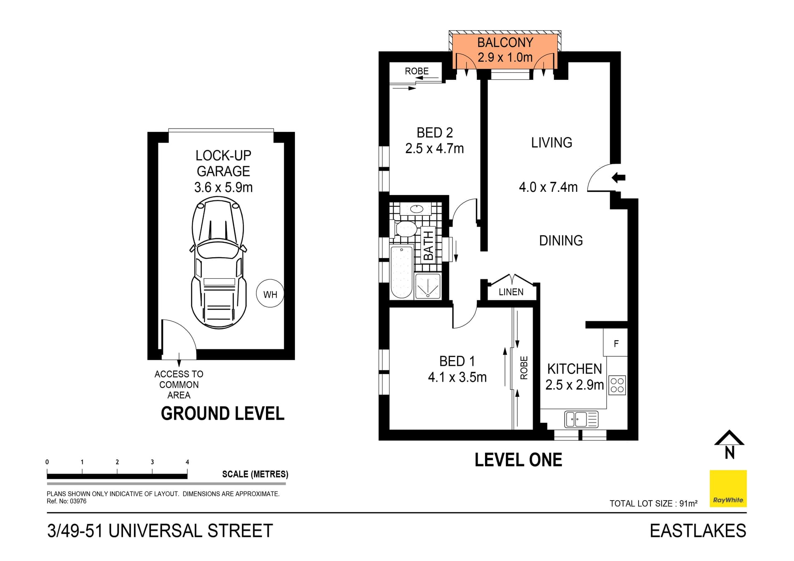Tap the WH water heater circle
(270, 294)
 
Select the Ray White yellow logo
(728, 489)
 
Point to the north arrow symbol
(729, 445)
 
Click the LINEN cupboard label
(511, 292)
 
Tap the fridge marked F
(616, 343)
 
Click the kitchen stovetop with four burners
(617, 385)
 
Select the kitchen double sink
(576, 419)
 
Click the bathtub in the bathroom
(401, 272)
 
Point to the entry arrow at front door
(619, 178)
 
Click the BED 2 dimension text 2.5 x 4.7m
(434, 148)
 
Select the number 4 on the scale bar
(187, 462)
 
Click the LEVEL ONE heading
(518, 460)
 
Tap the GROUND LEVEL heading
(222, 413)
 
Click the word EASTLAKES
(698, 531)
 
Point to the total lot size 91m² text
(653, 503)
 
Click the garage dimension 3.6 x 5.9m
(223, 187)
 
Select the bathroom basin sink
(416, 209)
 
